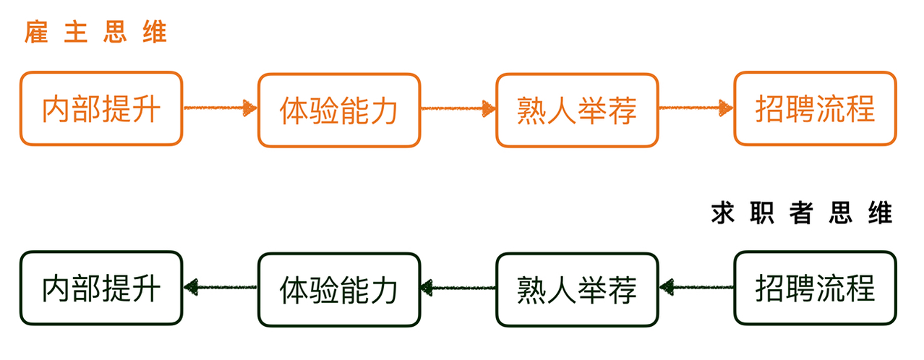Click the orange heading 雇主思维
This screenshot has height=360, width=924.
pos(95,32)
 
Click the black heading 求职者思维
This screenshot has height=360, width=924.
pos(802,213)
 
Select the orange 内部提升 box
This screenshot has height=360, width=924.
pos(101,108)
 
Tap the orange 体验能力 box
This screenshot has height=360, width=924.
pos(339,110)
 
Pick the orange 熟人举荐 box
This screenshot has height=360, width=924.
pos(577,110)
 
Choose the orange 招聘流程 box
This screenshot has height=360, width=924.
pos(815,108)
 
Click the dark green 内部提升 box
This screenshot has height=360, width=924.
pos(101,288)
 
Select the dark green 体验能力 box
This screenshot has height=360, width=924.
pos(339,289)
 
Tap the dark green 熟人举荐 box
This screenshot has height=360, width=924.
pos(577,289)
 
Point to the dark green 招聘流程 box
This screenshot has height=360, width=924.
pos(815,288)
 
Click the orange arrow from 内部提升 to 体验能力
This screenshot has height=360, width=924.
pos(221,108)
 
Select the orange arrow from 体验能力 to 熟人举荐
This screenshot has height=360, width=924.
pos(458,108)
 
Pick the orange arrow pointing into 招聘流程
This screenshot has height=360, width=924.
pos(696,108)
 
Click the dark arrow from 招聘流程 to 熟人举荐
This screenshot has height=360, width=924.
pos(696,287)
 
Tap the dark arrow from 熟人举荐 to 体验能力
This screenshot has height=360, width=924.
pos(458,288)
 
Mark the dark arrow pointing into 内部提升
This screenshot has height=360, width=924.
pos(221,287)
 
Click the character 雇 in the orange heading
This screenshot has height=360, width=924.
pos(36,32)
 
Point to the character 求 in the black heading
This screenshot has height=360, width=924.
pos(723,213)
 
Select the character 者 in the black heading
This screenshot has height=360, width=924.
pos(801,213)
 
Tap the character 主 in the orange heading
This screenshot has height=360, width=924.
pos(76,32)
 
